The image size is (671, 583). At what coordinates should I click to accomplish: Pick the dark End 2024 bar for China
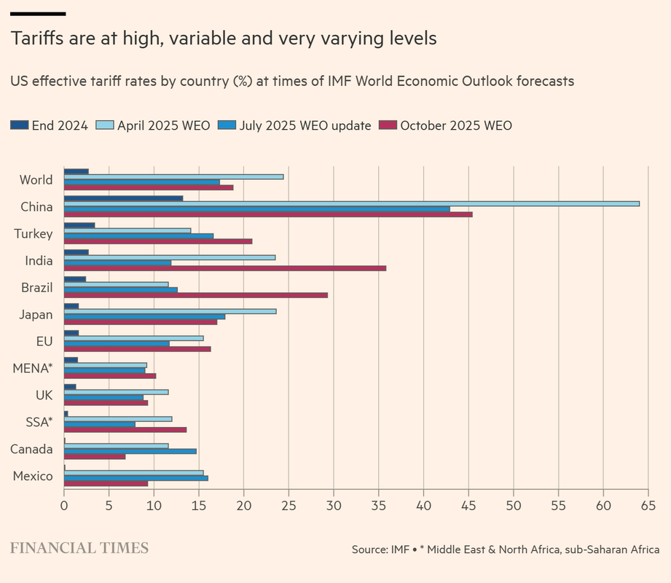tap(123, 198)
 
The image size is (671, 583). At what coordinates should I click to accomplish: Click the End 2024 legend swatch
tap(19, 125)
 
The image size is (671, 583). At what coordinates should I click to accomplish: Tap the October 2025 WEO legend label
tap(456, 125)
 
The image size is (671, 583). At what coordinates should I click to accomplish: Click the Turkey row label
tap(34, 234)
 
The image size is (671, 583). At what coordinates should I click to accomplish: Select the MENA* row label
tap(33, 369)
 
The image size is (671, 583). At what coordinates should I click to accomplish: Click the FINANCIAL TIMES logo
tap(79, 548)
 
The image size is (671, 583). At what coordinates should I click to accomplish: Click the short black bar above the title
tap(38, 14)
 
